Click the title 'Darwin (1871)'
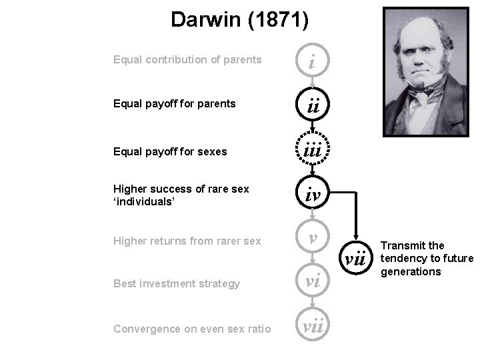pos(239,19)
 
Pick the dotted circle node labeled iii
pos(312,151)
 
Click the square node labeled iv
pos(312,195)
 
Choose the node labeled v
pos(312,239)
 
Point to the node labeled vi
pos(312,283)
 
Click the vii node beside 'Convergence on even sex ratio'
pos(312,327)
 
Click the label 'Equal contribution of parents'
pos(187,60)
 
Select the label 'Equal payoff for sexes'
pos(170,151)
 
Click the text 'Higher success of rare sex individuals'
pos(181,195)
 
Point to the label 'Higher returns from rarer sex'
pos(187,241)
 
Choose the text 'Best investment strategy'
pos(177,284)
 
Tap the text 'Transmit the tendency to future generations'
pos(426,259)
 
